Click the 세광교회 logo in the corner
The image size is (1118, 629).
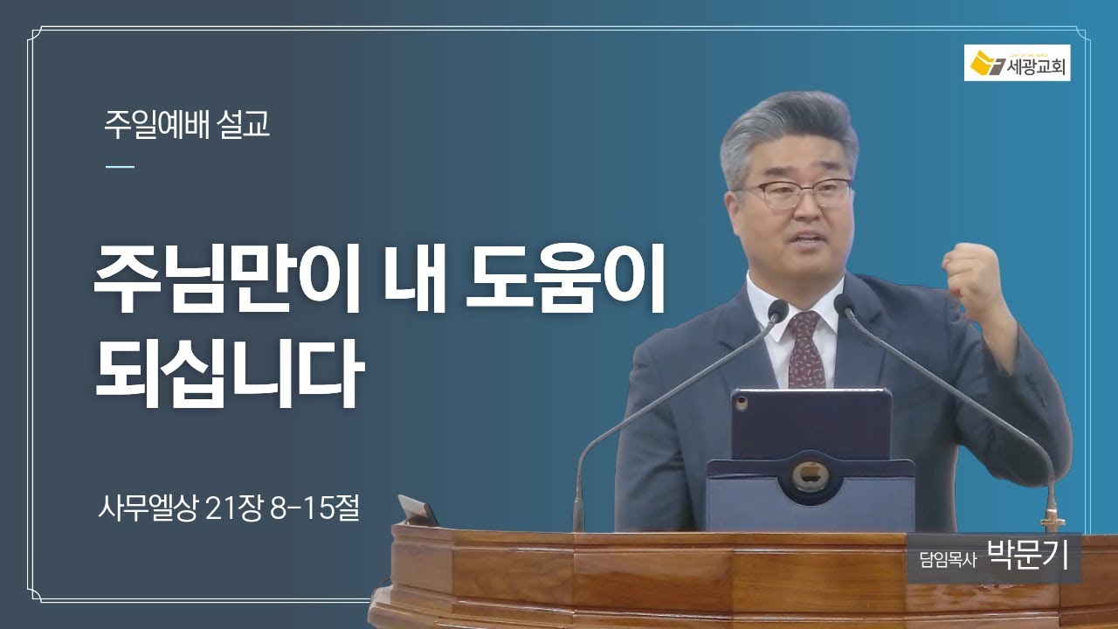pos(1018,63)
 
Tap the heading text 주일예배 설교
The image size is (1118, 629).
pos(187,124)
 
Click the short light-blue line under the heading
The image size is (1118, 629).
pos(121,167)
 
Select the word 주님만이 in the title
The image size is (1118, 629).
pos(227,280)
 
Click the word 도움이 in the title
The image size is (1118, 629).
pos(565,280)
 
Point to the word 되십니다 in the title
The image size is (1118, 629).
pos(230,373)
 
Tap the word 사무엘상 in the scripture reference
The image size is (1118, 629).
pos(148,508)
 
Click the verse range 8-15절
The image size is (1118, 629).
pos(314,508)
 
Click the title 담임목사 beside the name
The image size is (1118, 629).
pos(949,560)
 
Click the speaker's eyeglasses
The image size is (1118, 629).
pos(795,193)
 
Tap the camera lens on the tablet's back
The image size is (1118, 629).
pos(742,401)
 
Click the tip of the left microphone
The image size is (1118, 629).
pos(778,309)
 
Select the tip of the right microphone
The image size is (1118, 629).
pos(843,304)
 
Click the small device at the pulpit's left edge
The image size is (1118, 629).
pos(418,510)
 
